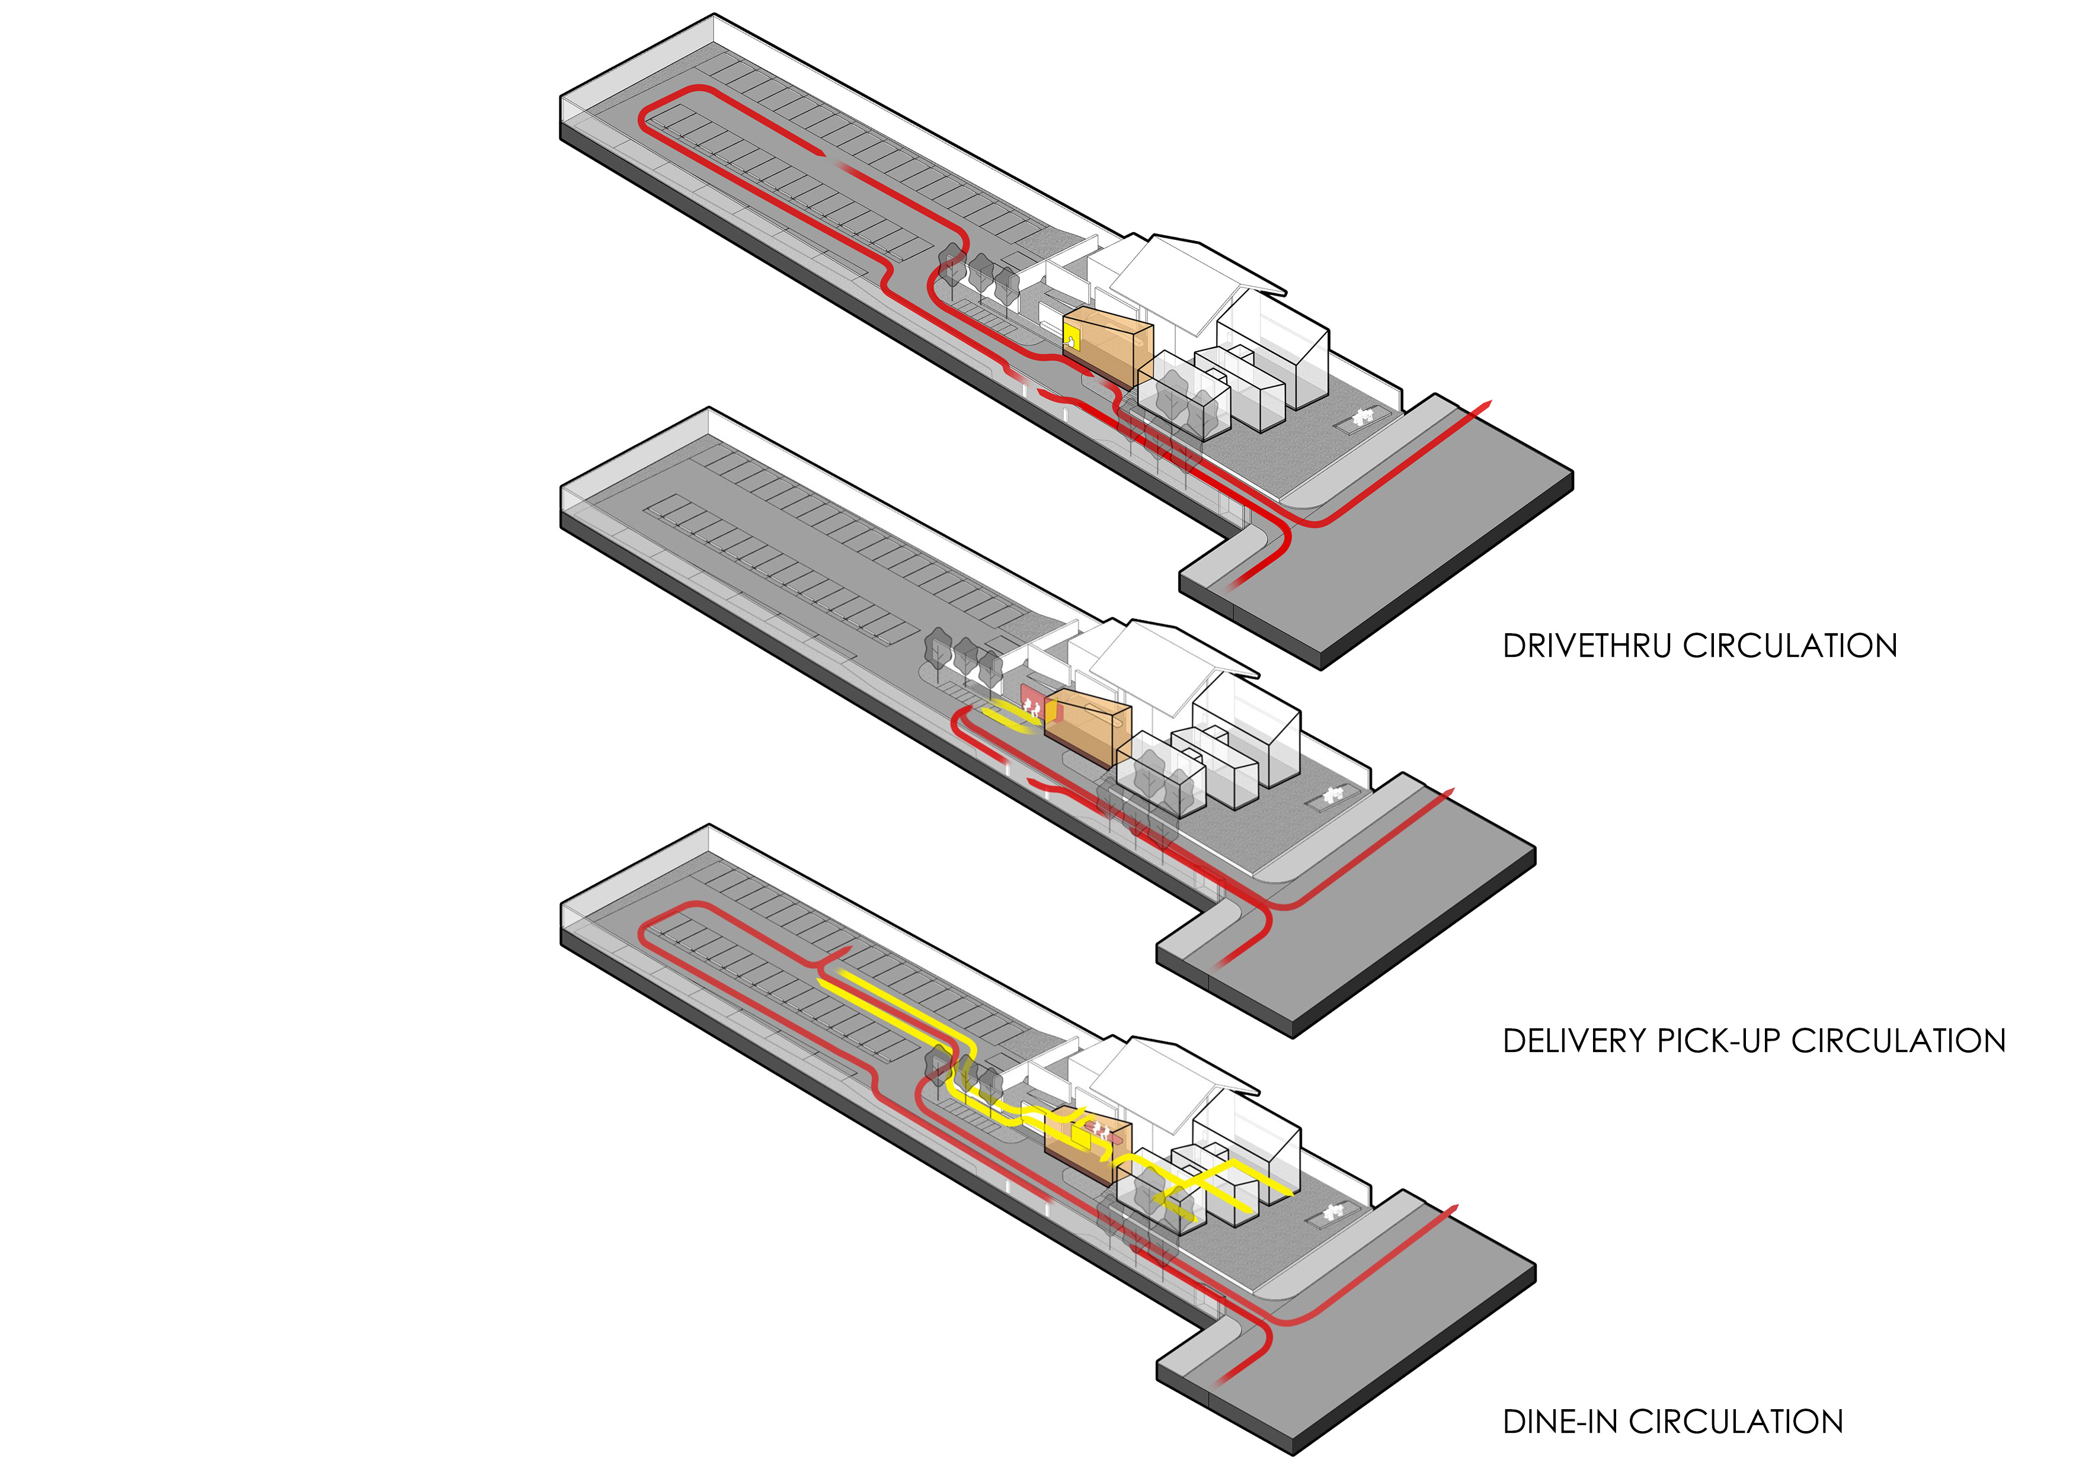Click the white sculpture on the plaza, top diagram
pos(1362,416)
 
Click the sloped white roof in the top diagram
pos(1196,281)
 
